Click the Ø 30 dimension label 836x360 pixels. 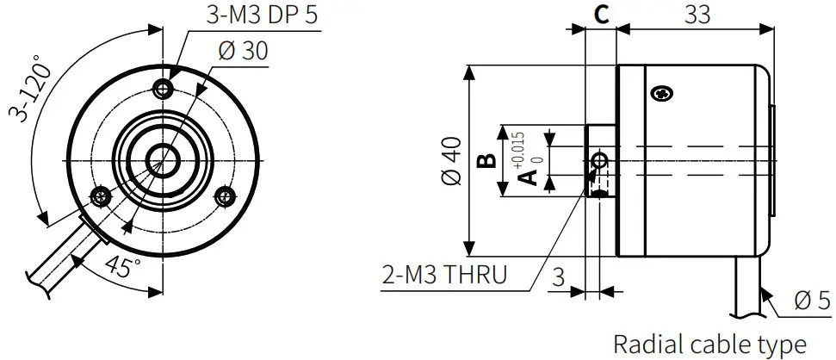point(243,51)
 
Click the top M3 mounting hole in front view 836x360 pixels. point(164,88)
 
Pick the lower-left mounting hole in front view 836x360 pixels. point(102,196)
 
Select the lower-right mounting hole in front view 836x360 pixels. point(226,196)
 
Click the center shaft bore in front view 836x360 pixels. point(163,158)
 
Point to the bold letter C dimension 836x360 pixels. point(602,14)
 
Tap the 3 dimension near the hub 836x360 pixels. point(558,278)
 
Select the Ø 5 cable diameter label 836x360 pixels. point(811,301)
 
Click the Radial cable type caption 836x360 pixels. point(709,344)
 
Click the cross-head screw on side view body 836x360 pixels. point(663,93)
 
